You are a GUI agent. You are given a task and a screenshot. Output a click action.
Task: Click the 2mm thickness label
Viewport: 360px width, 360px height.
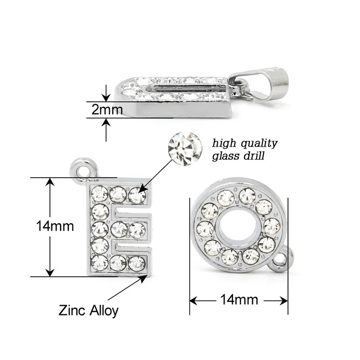tap(107, 110)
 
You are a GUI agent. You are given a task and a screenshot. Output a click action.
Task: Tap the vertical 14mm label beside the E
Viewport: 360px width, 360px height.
tap(55, 226)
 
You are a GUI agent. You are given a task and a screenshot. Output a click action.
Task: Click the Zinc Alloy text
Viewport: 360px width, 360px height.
tap(89, 310)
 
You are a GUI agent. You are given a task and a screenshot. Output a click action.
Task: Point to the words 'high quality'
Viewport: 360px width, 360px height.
tap(245, 144)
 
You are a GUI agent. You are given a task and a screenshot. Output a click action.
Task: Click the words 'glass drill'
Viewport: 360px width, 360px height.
tap(238, 156)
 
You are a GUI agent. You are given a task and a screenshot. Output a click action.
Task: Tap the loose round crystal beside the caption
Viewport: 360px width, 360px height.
tap(183, 146)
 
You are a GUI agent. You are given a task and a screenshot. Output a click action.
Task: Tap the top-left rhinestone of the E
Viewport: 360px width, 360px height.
tap(99, 194)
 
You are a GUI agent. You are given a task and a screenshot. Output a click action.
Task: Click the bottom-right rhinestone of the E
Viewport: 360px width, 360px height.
tap(136, 263)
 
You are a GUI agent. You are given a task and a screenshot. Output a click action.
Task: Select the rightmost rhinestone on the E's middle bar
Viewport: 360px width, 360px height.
tap(136, 229)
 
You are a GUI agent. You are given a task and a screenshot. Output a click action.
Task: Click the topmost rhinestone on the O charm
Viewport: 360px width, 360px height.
tap(247, 196)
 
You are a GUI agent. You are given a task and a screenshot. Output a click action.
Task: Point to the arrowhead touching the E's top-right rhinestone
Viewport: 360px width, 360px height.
tap(143, 189)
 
